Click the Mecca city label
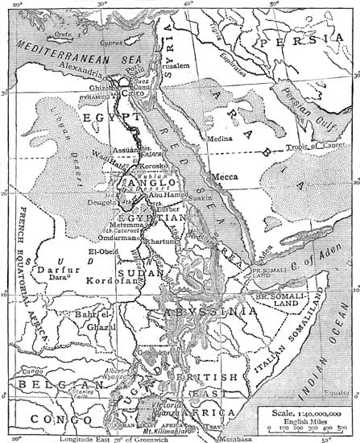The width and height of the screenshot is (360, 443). (223, 176)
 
